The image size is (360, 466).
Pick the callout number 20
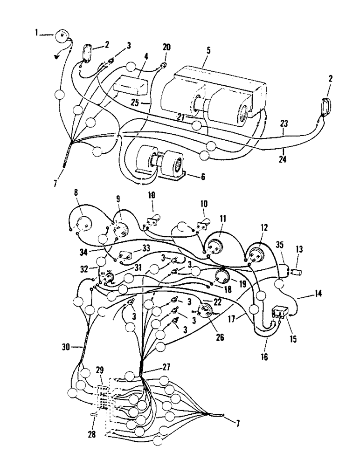click(166, 47)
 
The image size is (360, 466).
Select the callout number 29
click(99, 369)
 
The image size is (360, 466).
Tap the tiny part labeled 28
click(92, 414)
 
